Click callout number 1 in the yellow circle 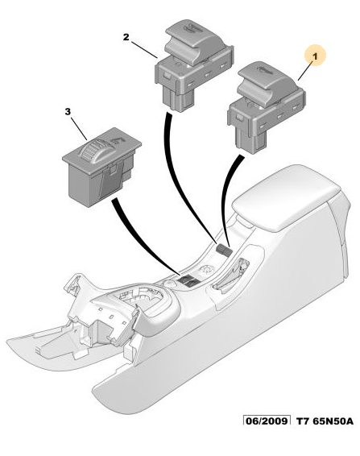tap(315, 56)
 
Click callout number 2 tap(126, 37)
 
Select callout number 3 tap(68, 111)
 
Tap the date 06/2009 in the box tap(267, 421)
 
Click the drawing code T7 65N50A tap(325, 421)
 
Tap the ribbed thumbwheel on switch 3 tap(92, 151)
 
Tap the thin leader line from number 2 tap(144, 50)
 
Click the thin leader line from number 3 tap(80, 128)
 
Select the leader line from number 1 tap(305, 71)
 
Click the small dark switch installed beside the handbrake tap(224, 249)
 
